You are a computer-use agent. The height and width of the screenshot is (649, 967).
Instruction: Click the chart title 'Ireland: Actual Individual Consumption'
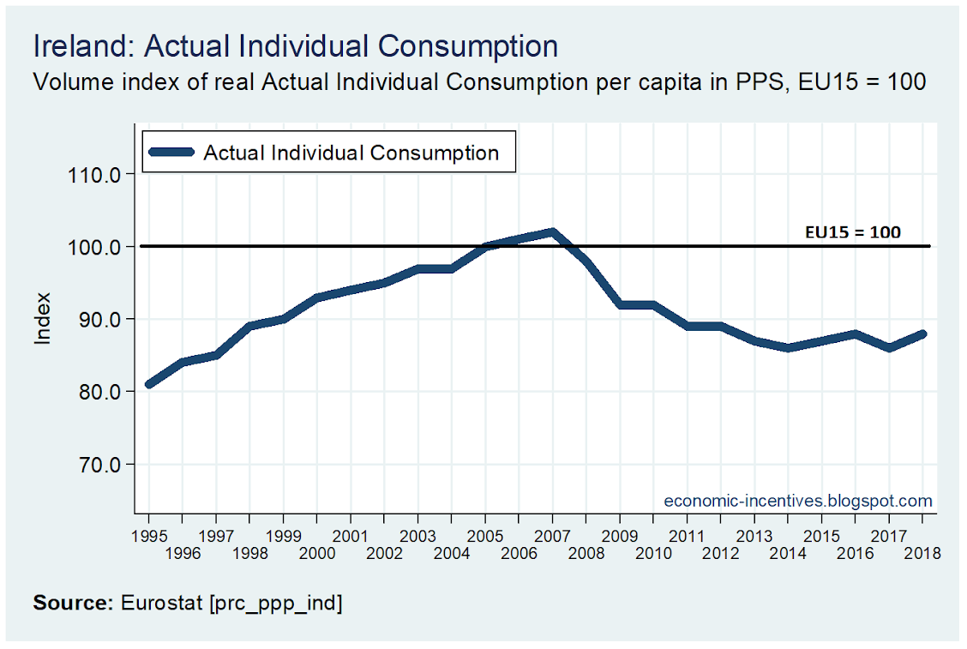(295, 46)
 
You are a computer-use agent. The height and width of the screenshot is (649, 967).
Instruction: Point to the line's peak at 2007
(553, 231)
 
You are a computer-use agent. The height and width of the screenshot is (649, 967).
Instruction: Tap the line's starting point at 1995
(150, 384)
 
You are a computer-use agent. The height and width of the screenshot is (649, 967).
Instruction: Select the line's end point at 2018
(924, 334)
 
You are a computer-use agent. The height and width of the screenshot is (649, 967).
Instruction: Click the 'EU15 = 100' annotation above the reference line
(852, 231)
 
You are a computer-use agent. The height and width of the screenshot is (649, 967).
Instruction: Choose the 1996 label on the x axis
(183, 554)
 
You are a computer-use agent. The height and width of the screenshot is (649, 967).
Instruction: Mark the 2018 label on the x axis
(923, 554)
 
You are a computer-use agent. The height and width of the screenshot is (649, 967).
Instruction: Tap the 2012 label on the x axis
(721, 554)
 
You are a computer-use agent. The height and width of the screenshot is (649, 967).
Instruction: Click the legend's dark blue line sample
(171, 153)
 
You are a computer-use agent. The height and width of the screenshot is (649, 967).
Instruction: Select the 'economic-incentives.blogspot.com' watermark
(798, 501)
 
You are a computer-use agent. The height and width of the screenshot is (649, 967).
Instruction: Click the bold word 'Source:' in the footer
(73, 603)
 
